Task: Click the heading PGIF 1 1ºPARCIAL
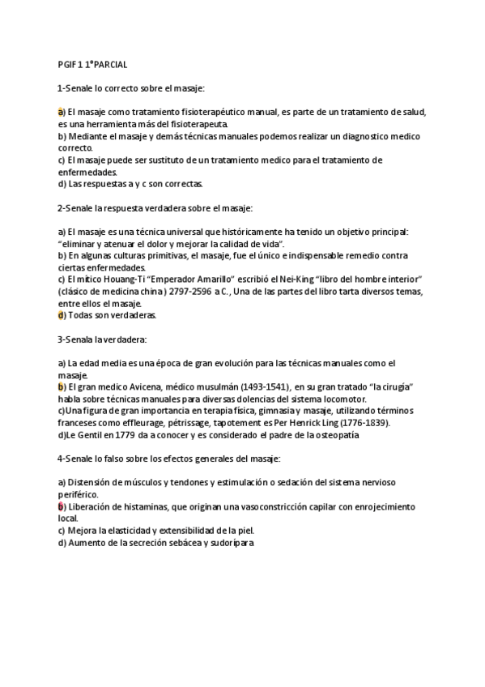click(x=92, y=63)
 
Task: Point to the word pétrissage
click(x=184, y=423)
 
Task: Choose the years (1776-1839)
click(x=362, y=423)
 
